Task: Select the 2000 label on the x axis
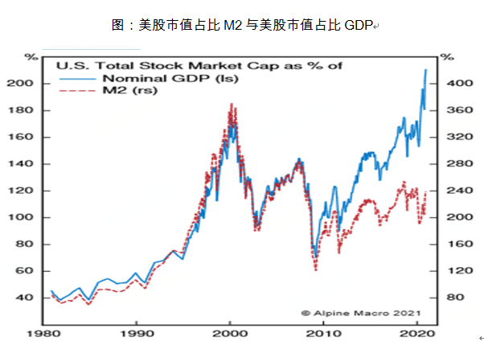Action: [230, 332]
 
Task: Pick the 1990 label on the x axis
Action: [138, 332]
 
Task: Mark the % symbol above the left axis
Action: [31, 57]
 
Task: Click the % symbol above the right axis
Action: [447, 57]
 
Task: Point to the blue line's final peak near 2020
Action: [425, 70]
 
